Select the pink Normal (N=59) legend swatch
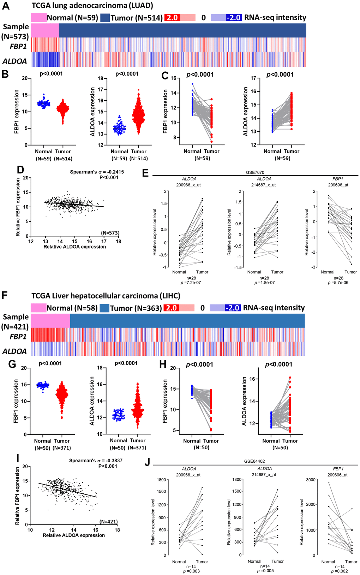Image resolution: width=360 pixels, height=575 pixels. pyautogui.click(x=38, y=18)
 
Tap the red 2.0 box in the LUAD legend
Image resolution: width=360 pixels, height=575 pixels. pyautogui.click(x=172, y=18)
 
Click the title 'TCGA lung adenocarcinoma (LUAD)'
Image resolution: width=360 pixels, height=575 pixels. pyautogui.click(x=92, y=6)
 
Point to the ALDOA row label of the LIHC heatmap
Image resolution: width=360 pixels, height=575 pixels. pyautogui.click(x=14, y=351)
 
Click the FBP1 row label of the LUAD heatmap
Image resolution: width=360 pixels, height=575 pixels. pyautogui.click(x=18, y=47)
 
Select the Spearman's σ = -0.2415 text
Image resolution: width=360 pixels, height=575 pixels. pyautogui.click(x=97, y=172)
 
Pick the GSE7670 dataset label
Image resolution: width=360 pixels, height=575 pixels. pyautogui.click(x=255, y=172)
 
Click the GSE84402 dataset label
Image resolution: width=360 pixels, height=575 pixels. pyautogui.click(x=254, y=461)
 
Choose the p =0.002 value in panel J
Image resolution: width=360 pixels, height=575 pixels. pyautogui.click(x=339, y=571)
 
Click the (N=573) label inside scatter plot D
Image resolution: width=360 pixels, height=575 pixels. pyautogui.click(x=110, y=233)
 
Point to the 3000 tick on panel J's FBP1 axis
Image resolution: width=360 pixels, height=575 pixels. pyautogui.click(x=311, y=480)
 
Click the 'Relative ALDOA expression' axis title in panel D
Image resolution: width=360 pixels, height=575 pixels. pyautogui.click(x=74, y=247)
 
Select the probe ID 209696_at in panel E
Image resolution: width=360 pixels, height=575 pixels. pyautogui.click(x=338, y=185)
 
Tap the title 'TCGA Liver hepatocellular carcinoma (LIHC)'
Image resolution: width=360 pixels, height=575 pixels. pyautogui.click(x=106, y=296)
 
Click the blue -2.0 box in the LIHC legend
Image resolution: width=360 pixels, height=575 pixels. pyautogui.click(x=233, y=308)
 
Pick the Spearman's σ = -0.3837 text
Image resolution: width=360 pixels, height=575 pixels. pyautogui.click(x=96, y=461)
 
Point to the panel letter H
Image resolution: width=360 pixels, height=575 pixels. pyautogui.click(x=163, y=364)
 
